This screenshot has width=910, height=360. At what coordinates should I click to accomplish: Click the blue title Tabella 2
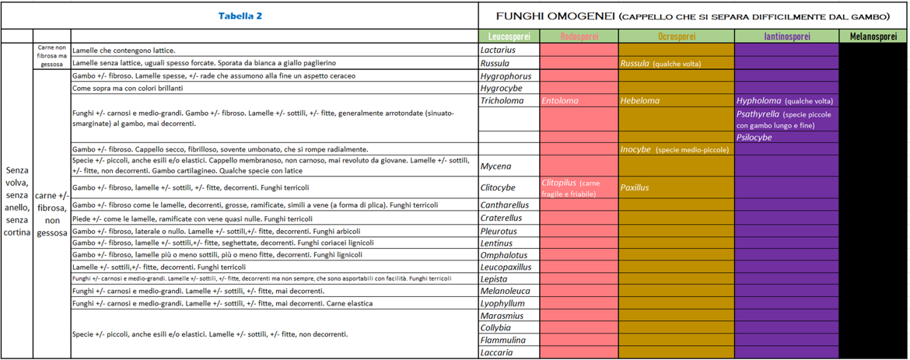[240, 16]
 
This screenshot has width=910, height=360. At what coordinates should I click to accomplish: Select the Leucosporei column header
[508, 37]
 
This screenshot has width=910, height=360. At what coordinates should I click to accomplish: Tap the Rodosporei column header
[579, 37]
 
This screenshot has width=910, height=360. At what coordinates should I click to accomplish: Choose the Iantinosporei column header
[786, 37]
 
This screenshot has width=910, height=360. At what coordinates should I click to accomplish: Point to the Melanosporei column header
[873, 37]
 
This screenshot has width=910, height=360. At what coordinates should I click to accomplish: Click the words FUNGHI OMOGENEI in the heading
[557, 16]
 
